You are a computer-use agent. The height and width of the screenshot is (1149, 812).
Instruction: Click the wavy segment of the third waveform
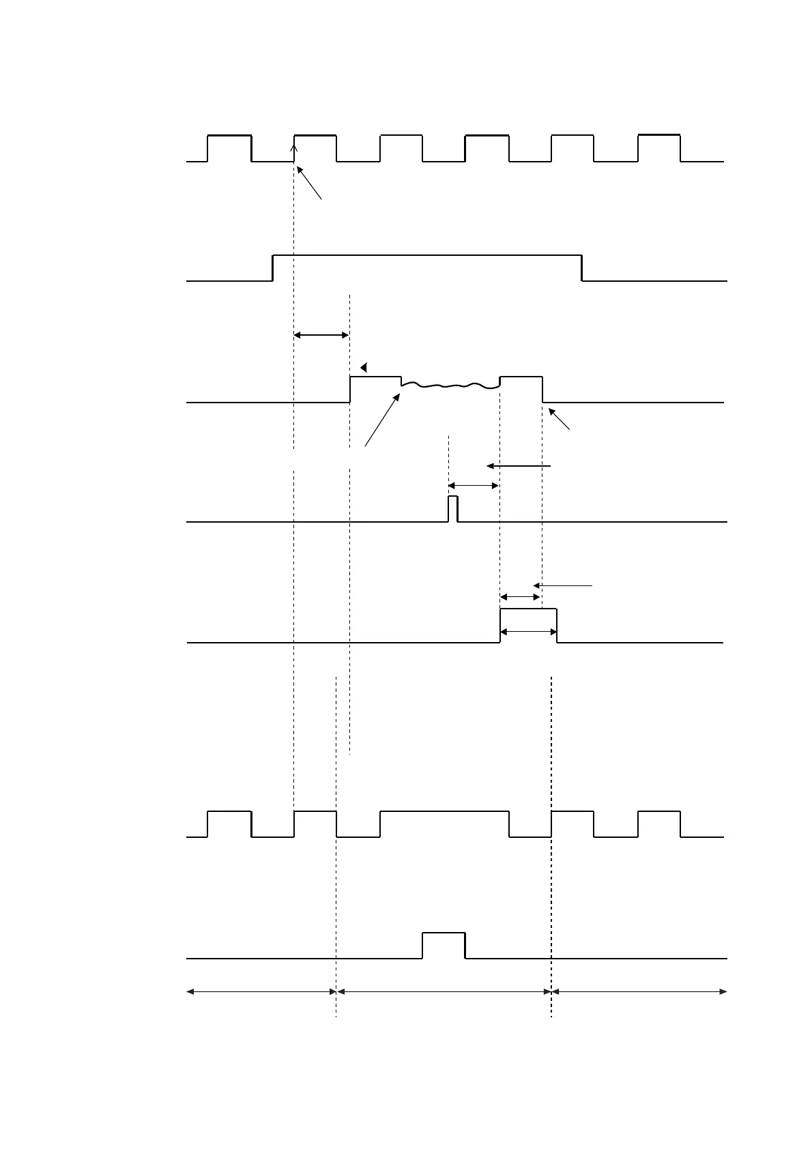pyautogui.click(x=450, y=387)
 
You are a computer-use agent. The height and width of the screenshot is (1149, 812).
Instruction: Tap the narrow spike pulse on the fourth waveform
pyautogui.click(x=453, y=509)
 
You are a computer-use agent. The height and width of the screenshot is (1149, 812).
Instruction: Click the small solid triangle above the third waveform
pyautogui.click(x=364, y=367)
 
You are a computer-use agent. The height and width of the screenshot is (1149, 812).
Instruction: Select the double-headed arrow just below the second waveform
pyautogui.click(x=321, y=334)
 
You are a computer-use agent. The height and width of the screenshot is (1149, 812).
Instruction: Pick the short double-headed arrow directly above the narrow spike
pyautogui.click(x=474, y=485)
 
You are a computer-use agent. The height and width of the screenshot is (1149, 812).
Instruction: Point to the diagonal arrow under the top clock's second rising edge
pyautogui.click(x=309, y=182)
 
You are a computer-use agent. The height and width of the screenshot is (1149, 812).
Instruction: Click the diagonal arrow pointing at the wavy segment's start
pyautogui.click(x=382, y=420)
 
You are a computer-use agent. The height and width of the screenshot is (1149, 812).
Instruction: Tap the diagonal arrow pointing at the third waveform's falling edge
pyautogui.click(x=560, y=418)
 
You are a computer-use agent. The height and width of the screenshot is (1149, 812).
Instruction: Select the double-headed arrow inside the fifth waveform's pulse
pyautogui.click(x=529, y=632)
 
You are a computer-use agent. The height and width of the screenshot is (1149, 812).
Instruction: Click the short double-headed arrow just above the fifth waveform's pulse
pyautogui.click(x=521, y=597)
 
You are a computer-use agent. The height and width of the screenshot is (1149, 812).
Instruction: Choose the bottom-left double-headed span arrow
pyautogui.click(x=261, y=991)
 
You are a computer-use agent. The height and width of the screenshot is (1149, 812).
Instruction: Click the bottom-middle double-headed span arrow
pyautogui.click(x=444, y=991)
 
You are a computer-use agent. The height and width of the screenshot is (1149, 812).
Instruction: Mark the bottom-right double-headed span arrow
pyautogui.click(x=639, y=991)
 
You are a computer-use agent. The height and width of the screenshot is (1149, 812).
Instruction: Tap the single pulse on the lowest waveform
pyautogui.click(x=444, y=945)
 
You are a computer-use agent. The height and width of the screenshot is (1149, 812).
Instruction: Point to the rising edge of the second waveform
pyautogui.click(x=273, y=267)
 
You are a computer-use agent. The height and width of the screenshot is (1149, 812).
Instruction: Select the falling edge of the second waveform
pyautogui.click(x=581, y=267)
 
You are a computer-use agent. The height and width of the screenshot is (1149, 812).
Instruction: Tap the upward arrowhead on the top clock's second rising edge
pyautogui.click(x=294, y=141)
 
